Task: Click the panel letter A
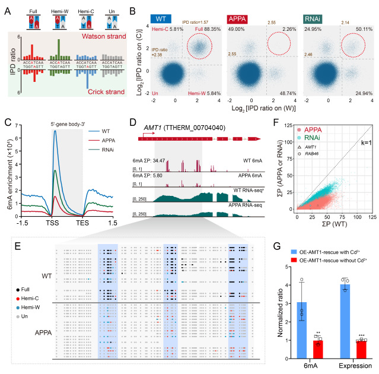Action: (x=7, y=9)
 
